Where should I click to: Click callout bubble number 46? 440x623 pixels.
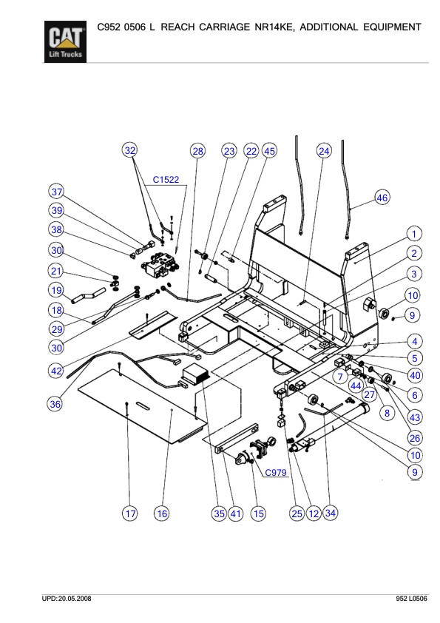coord(382,198)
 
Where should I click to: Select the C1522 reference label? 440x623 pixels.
coord(166,179)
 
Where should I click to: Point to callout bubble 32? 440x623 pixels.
coord(130,151)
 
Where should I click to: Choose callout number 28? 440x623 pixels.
coord(197,151)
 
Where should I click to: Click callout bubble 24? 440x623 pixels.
coord(324,151)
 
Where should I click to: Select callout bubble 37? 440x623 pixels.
coord(57,190)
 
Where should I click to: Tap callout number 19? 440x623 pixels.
coord(57,289)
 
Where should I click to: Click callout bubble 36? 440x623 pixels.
coord(55,404)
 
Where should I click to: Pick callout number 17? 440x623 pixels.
coord(129,513)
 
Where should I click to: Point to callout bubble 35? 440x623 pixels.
coord(219,513)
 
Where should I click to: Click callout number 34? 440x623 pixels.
coord(330,513)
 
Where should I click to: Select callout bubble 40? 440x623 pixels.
coord(415,374)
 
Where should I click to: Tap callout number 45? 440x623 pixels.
coord(269,151)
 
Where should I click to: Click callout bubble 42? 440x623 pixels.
coord(57,370)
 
